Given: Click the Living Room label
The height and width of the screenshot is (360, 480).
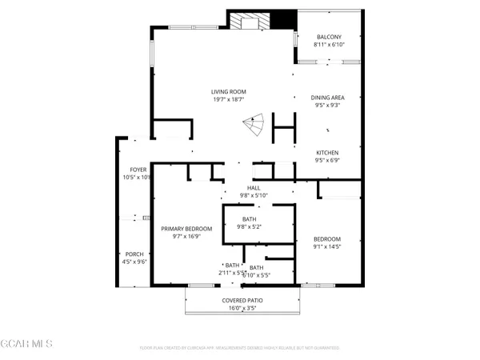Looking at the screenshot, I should point(228,91).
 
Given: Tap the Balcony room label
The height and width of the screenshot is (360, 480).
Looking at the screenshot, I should point(329,37).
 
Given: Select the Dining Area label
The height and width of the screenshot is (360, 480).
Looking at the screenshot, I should point(327,98).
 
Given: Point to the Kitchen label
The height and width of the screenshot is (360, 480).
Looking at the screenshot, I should point(327,153).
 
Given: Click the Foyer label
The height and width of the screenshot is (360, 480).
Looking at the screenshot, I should point(138,170).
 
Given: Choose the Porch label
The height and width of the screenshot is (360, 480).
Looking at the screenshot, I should point(134,254).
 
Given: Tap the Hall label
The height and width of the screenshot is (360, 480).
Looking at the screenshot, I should point(254,188).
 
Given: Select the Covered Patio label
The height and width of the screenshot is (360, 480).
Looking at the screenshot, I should point(242,300).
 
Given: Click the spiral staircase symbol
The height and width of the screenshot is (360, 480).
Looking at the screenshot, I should point(254,126).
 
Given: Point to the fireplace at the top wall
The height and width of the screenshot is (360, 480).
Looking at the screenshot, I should point(250,21).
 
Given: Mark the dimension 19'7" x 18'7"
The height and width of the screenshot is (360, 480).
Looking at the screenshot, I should point(228,99).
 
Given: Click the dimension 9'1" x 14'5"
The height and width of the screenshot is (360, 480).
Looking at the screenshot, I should point(326,246).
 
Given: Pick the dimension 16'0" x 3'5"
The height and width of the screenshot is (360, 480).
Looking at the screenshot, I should point(242,307).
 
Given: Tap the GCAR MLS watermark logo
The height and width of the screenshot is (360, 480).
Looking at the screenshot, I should point(27,343).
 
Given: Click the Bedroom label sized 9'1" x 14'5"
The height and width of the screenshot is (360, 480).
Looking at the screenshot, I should point(326,239).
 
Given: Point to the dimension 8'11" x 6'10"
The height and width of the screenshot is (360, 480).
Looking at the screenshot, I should point(329,44).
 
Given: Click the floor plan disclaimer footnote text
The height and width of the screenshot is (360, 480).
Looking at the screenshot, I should point(239,348).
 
